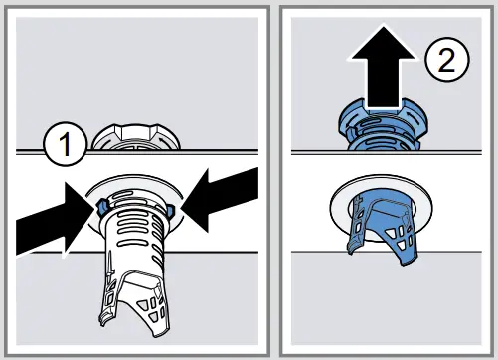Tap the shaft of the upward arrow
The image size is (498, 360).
point(381,86)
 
